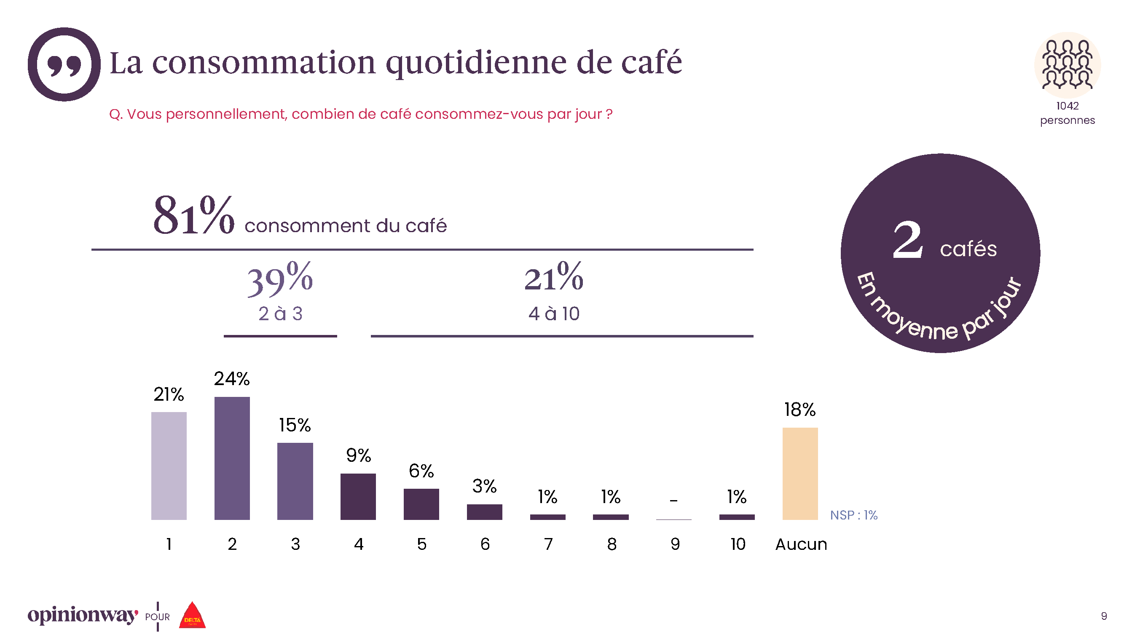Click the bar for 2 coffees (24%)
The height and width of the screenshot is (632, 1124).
click(232, 458)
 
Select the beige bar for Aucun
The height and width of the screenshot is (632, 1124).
click(800, 473)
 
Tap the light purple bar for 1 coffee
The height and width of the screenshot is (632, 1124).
click(169, 466)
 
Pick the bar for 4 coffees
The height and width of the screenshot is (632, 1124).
click(358, 496)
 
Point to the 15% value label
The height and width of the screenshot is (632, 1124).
click(295, 425)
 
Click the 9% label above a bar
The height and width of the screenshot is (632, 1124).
click(358, 455)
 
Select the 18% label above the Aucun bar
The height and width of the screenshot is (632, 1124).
click(800, 410)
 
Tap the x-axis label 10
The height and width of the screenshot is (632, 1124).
click(738, 544)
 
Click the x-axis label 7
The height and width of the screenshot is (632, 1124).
click(548, 544)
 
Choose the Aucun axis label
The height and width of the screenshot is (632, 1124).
click(801, 544)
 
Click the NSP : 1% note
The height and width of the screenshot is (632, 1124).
click(853, 515)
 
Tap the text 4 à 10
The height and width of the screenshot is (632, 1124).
click(554, 313)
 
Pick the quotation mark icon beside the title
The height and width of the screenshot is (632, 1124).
click(64, 64)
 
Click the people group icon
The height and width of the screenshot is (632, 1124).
click(1067, 65)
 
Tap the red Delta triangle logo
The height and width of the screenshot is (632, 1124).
click(192, 616)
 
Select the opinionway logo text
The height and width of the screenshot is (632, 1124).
click(83, 615)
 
